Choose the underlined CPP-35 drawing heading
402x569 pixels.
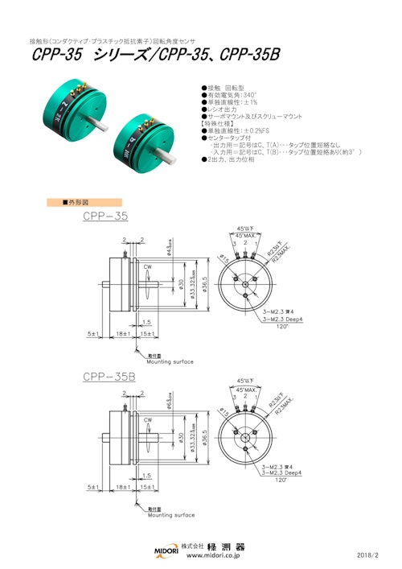pos(105,216)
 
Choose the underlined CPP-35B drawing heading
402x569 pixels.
pos(109,377)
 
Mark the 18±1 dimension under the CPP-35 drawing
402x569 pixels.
pos(123,331)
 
